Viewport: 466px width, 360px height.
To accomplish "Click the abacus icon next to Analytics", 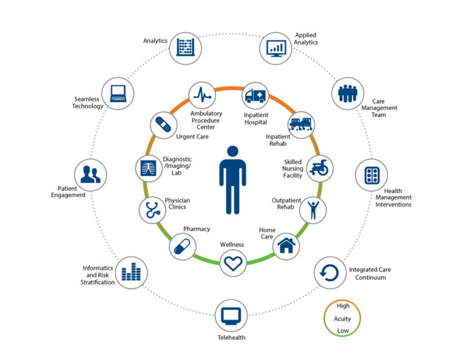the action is click(x=186, y=47).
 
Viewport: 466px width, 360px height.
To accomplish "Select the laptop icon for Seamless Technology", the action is click(x=118, y=93).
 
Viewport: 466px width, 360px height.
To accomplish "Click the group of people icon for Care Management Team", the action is click(x=348, y=93).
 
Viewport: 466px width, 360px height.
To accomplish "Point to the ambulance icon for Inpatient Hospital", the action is click(x=255, y=95).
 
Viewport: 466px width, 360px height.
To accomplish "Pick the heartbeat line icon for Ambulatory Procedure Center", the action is click(x=202, y=95).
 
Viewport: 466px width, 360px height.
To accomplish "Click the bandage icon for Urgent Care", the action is click(x=163, y=124).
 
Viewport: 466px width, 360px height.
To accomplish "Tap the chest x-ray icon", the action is click(x=148, y=168).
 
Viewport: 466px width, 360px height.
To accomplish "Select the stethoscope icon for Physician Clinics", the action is click(x=153, y=210).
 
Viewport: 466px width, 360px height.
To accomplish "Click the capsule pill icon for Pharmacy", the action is click(x=182, y=246).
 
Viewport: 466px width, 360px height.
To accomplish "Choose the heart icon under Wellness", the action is click(x=233, y=263).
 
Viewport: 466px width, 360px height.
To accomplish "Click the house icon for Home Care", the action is click(x=286, y=245).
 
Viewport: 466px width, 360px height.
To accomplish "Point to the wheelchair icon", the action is click(x=319, y=168).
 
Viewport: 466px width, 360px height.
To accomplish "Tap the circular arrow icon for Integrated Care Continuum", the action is click(x=329, y=273).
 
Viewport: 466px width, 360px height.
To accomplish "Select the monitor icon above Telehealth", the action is click(x=231, y=316).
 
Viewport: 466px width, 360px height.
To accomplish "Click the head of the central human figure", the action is click(x=233, y=151).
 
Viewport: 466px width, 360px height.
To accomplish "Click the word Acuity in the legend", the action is click(x=342, y=319).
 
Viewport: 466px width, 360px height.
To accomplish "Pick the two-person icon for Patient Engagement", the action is click(x=90, y=174).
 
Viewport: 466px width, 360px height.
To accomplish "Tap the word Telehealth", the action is click(x=232, y=338).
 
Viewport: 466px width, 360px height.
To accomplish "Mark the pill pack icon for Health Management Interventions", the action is click(x=371, y=175).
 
